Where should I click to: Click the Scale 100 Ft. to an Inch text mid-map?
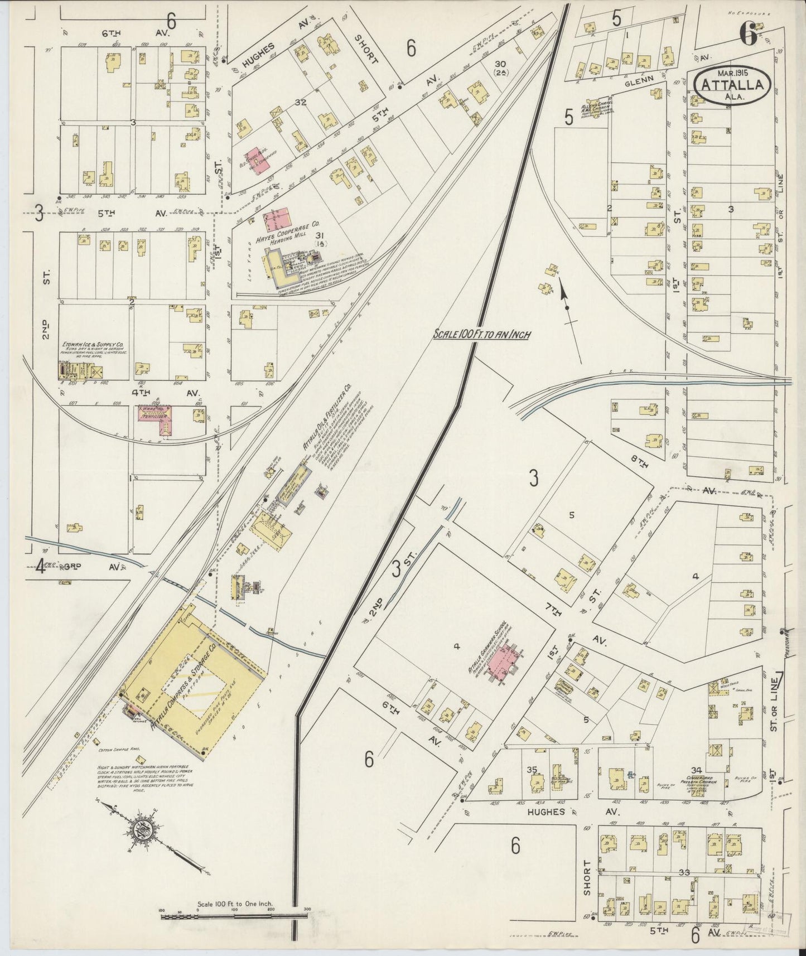pos(481,335)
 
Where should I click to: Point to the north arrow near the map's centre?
pos(564,296)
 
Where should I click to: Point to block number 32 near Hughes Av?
pos(301,102)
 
